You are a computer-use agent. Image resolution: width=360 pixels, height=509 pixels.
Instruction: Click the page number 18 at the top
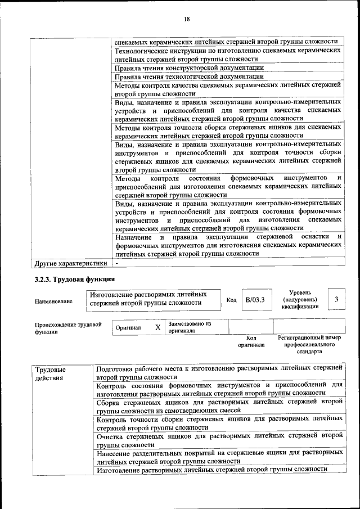coord(187,19)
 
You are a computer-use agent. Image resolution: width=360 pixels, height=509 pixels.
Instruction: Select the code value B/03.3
coord(255,299)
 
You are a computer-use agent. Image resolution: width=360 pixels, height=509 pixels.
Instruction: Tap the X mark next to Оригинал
coord(157,327)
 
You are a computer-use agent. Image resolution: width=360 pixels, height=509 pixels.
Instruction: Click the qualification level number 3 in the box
coord(336,299)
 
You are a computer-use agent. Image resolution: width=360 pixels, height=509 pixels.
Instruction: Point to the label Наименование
coord(53,301)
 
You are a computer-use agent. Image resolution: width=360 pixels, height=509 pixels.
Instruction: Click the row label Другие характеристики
coord(70,262)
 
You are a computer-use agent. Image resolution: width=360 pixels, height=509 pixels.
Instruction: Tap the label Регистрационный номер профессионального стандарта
coord(309,344)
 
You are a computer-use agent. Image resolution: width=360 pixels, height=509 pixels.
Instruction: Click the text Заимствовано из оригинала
coord(190,327)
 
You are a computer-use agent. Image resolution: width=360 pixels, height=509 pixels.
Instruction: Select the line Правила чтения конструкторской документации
coord(189,67)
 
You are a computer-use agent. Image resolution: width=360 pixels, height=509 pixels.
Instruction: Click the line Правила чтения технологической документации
coord(188,76)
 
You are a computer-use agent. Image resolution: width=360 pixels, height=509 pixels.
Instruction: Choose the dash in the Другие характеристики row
coord(117,262)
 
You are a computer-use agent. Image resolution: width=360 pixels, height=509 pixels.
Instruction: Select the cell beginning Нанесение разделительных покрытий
coord(219,456)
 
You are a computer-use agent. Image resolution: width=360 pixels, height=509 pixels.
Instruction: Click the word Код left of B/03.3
coord(231,300)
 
